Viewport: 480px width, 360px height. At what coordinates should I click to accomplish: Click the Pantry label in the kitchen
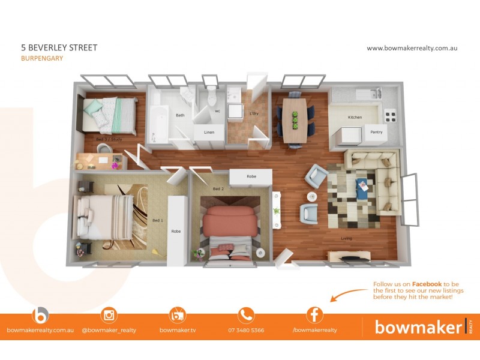click(x=376, y=132)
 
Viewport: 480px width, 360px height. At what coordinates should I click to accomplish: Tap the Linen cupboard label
click(x=209, y=132)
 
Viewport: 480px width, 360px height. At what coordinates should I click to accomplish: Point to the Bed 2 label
click(x=218, y=189)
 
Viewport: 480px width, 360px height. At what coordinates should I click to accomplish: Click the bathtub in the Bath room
click(x=159, y=123)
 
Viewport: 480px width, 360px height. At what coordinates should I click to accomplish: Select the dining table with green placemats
click(x=295, y=119)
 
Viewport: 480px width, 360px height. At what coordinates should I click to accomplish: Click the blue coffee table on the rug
click(x=362, y=187)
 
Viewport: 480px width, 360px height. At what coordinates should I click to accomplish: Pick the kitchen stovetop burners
click(x=391, y=114)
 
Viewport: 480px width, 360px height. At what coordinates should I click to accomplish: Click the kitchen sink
click(x=367, y=94)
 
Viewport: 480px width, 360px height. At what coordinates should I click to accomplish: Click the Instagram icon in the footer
click(x=109, y=315)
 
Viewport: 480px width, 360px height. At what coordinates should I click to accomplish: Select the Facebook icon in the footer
click(x=314, y=315)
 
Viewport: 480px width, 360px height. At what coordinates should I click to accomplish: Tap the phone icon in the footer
click(x=246, y=315)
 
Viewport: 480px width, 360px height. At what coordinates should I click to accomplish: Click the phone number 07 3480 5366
click(x=246, y=330)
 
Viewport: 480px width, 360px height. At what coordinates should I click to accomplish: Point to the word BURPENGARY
click(x=42, y=59)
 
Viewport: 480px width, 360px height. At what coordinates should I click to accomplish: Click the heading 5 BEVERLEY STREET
click(x=59, y=47)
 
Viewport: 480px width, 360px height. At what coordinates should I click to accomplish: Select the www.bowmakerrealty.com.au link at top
click(x=412, y=48)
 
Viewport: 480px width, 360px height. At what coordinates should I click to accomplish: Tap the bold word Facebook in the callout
click(x=425, y=284)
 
